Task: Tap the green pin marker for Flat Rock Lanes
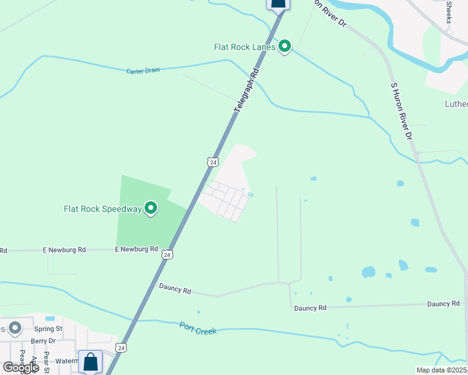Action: [285, 46]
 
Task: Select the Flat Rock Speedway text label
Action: [103, 209]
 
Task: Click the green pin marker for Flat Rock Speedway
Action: [151, 208]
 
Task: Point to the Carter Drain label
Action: [143, 71]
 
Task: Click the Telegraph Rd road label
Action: [246, 91]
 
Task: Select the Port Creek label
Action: [198, 327]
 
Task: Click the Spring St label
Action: [48, 328]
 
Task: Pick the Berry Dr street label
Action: [43, 341]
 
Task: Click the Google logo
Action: [21, 367]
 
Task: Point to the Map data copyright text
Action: [442, 370]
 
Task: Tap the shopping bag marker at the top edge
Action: [278, 4]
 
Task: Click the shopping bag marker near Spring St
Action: [90, 361]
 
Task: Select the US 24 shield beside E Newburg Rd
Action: [166, 254]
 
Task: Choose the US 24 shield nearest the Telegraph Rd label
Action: [213, 162]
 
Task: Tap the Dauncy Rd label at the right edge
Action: [443, 304]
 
